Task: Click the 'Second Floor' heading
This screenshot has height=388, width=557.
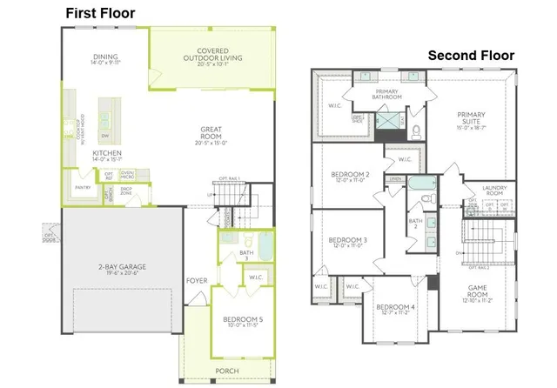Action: point(471,56)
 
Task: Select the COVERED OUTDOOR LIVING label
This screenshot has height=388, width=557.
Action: point(212,55)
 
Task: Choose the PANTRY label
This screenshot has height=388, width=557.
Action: point(84,187)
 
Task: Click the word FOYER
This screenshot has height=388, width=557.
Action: point(196,281)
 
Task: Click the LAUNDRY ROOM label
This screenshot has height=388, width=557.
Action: point(487,190)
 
